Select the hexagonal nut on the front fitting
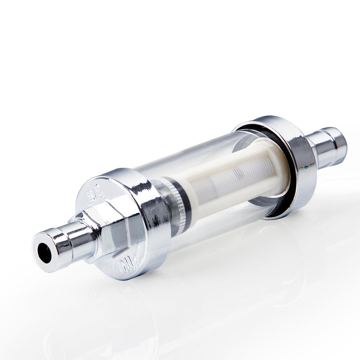(108, 230)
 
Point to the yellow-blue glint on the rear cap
(307, 167)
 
